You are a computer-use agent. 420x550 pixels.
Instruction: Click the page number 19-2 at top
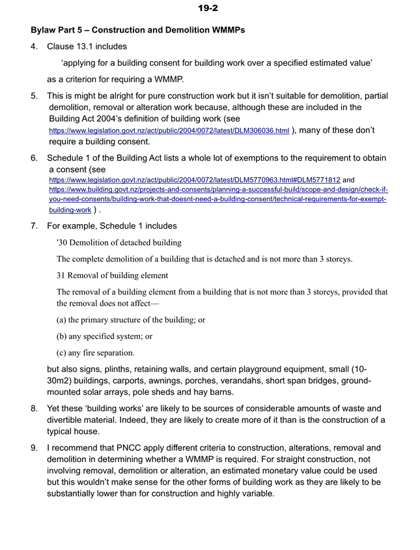point(210,8)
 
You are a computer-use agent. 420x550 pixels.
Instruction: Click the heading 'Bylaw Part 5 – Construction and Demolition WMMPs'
point(138,31)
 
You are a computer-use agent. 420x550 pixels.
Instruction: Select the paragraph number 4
point(34,47)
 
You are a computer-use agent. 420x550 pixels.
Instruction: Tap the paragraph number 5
point(34,96)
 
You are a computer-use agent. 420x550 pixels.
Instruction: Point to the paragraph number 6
point(34,158)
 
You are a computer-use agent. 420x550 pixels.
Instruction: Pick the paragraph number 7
point(34,226)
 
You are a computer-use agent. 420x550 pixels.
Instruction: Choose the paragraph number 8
point(34,409)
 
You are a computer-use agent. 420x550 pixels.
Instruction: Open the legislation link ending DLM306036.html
point(169,131)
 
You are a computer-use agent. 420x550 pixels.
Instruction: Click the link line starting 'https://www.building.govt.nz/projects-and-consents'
point(219,189)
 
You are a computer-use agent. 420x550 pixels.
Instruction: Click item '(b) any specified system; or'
point(105,337)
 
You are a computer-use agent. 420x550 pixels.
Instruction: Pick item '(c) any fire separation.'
point(96,353)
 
